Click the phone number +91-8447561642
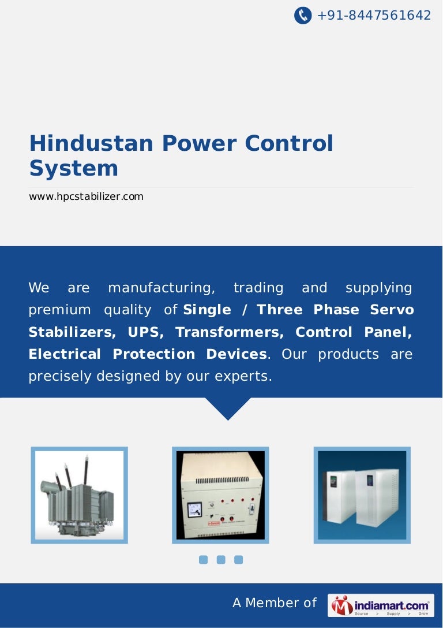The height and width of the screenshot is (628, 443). (x=374, y=16)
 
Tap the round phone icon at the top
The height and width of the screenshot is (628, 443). (x=303, y=16)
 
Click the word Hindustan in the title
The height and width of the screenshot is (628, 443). (x=92, y=143)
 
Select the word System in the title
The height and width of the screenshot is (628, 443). (x=74, y=169)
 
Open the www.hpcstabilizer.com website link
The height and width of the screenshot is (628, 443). (x=86, y=197)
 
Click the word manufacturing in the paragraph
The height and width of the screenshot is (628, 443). (x=162, y=288)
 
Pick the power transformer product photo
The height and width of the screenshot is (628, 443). (x=79, y=495)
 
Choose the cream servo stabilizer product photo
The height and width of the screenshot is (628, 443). (x=220, y=495)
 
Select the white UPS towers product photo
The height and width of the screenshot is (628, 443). (x=362, y=495)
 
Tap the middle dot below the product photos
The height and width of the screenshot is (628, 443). (x=220, y=559)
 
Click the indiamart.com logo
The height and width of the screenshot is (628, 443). (x=381, y=605)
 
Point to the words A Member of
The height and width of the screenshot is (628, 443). (x=275, y=603)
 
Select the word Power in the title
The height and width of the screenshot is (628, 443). (x=199, y=143)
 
